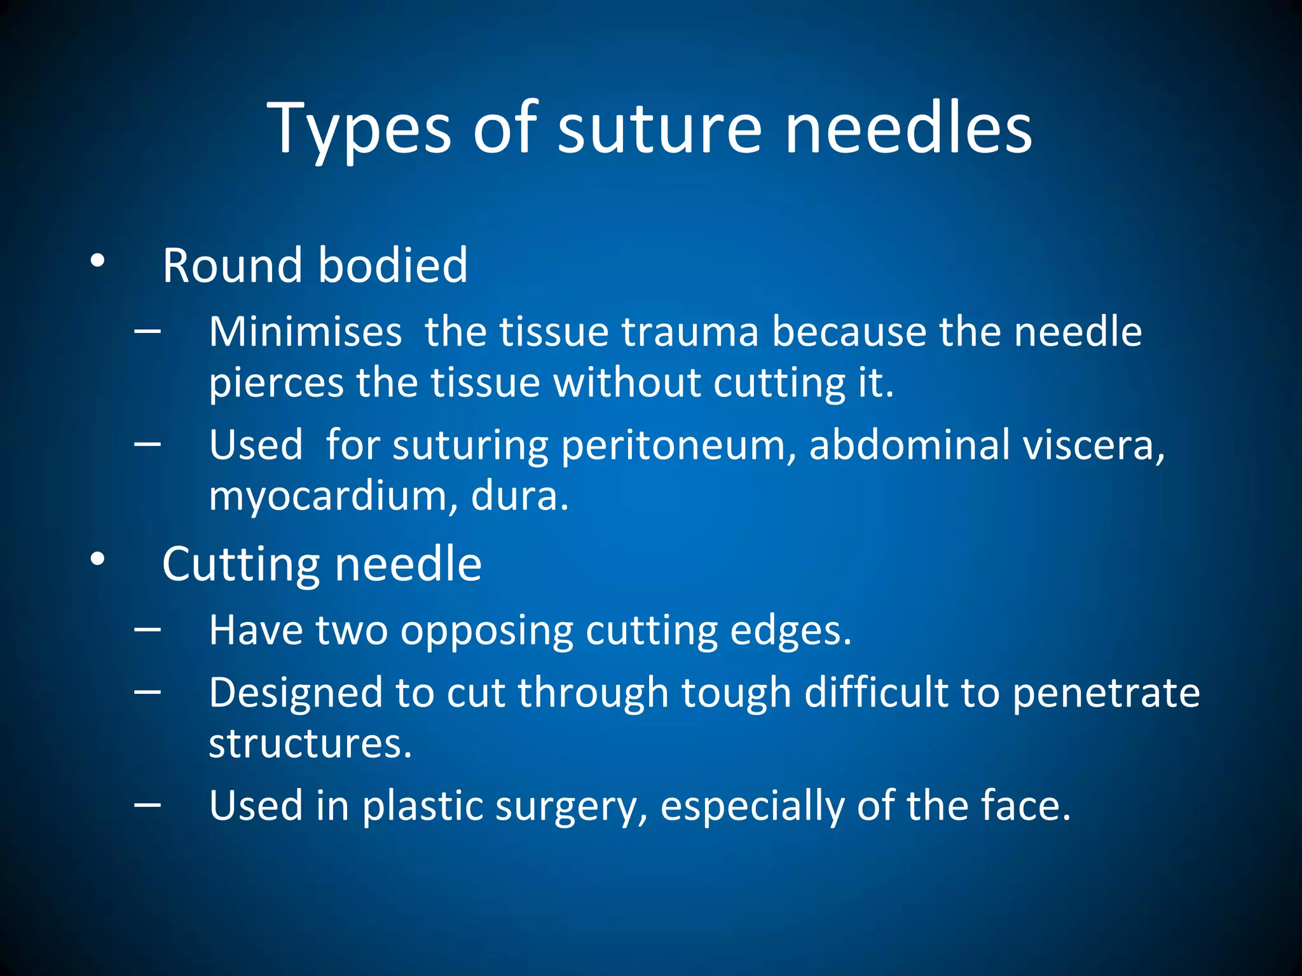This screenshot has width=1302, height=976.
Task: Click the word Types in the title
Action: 359,130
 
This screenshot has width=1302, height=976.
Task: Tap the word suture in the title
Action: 659,130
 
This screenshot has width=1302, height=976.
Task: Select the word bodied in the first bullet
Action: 392,265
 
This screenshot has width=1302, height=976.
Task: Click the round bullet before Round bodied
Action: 97,261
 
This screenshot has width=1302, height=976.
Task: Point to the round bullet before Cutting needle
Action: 97,559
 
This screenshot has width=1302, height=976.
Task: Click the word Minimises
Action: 306,332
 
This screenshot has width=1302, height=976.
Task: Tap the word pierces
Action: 276,383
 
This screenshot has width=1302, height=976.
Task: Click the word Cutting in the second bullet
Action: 240,564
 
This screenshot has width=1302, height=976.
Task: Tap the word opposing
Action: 486,631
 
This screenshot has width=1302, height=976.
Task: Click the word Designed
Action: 296,692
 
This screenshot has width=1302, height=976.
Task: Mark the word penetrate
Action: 1106,693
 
